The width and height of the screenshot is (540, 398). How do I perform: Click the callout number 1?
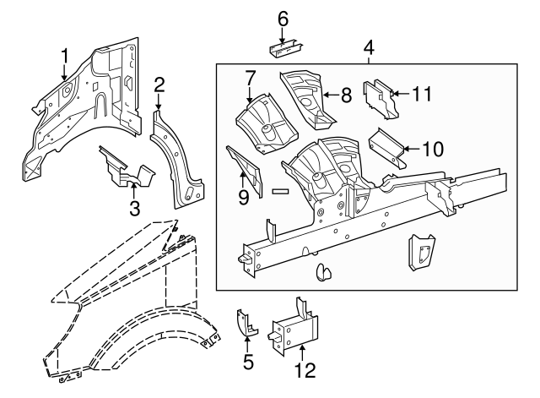tap(64, 57)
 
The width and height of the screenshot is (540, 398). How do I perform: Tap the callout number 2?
tap(159, 84)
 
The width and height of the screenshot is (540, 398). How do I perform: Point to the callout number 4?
tap(369, 47)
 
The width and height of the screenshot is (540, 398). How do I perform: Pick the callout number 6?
tap(283, 18)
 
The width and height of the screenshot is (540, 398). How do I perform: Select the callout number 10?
tap(431, 149)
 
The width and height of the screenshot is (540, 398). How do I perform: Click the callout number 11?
tap(421, 95)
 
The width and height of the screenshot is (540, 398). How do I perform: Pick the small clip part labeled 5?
tap(245, 323)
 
